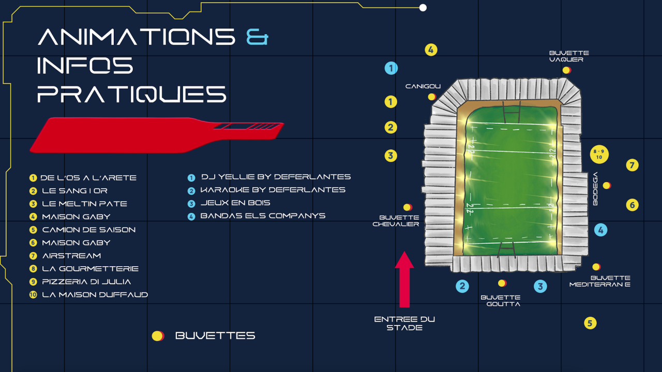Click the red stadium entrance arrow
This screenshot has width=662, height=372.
coord(404,280)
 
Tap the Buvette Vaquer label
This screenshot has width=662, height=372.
coord(569,56)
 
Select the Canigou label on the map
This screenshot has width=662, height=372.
coord(423,86)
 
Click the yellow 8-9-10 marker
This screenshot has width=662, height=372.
coord(599,154)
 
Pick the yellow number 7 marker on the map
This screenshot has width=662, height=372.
coord(632,165)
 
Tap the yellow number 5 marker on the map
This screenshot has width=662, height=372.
coord(590,323)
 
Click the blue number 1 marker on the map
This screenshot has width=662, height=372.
coord(391,68)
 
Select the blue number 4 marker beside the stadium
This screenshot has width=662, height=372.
coord(601,230)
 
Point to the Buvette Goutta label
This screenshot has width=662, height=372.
coord(501,301)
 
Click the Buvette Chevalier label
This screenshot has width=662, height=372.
coord(396,221)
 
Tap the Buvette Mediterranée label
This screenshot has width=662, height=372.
coord(600,281)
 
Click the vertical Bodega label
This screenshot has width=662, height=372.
coord(595,189)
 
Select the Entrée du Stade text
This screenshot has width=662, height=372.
coord(404,323)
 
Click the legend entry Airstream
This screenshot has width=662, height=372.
coord(71,256)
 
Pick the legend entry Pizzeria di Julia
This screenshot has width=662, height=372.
coord(86,282)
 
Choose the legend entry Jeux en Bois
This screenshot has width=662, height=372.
coord(235,203)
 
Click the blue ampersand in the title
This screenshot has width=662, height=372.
coord(257,37)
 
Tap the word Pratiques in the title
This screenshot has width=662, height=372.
coord(132,94)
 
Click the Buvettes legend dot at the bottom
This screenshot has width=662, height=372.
coord(158,336)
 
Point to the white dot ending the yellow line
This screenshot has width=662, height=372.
coord(423,8)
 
